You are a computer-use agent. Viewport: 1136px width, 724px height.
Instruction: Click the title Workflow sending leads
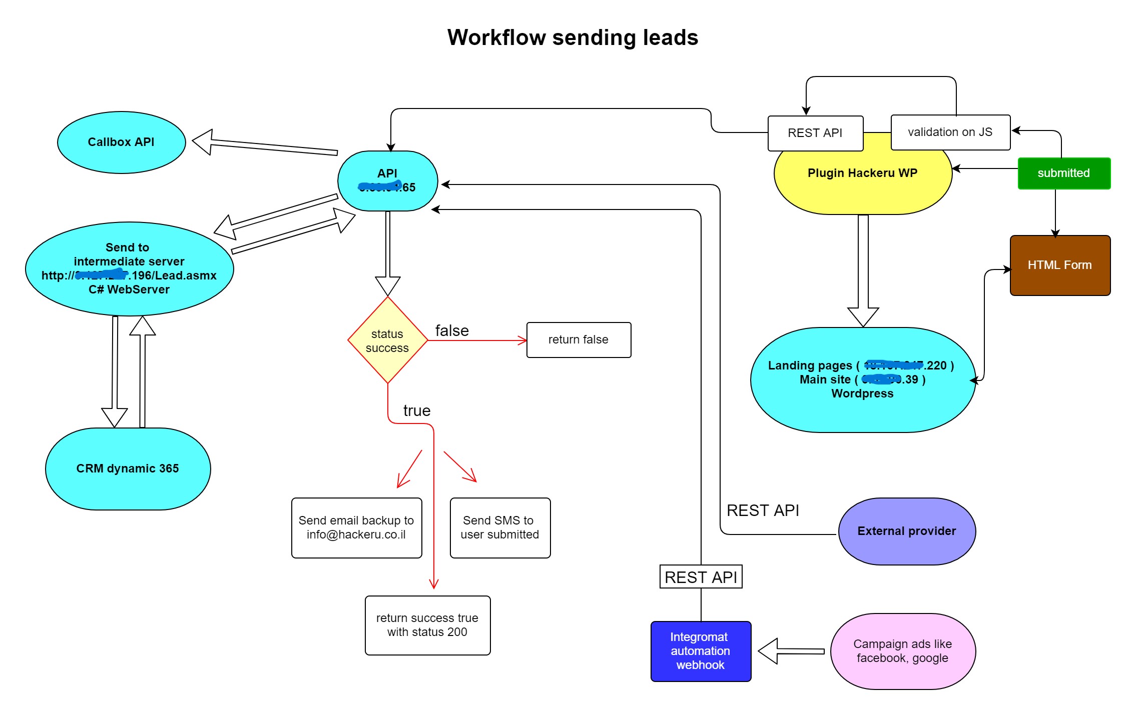coord(573,37)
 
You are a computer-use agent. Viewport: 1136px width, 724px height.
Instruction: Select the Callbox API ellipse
coord(121,142)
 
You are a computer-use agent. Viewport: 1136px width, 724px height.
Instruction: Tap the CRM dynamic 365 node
coord(128,468)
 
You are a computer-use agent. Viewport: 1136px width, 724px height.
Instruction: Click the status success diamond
coord(387,340)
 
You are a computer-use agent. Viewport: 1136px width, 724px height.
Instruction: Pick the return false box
coord(579,340)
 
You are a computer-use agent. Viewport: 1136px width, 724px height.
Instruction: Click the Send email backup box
coord(356,527)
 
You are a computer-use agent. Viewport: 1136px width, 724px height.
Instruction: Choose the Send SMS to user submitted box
coord(500,527)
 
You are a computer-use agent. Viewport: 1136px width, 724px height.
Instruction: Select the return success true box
coord(427,625)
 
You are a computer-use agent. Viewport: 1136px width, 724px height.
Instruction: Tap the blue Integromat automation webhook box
coord(701,651)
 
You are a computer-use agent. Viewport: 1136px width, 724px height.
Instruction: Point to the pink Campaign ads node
coord(903,651)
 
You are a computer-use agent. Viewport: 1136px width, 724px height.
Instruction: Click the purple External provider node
coord(907,531)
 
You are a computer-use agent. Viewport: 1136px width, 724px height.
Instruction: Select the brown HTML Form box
coord(1060,265)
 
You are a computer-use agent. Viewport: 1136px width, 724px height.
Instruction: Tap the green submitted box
coord(1064,173)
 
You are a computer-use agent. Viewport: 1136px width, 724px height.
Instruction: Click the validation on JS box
coord(950,132)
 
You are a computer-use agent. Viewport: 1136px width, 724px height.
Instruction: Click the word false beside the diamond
coord(452,330)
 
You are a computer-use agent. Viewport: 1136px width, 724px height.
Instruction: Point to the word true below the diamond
coord(417,410)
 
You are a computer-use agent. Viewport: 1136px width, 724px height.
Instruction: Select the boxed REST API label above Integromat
coord(701,577)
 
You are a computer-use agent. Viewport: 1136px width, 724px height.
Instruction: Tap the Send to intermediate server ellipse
coord(129,268)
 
